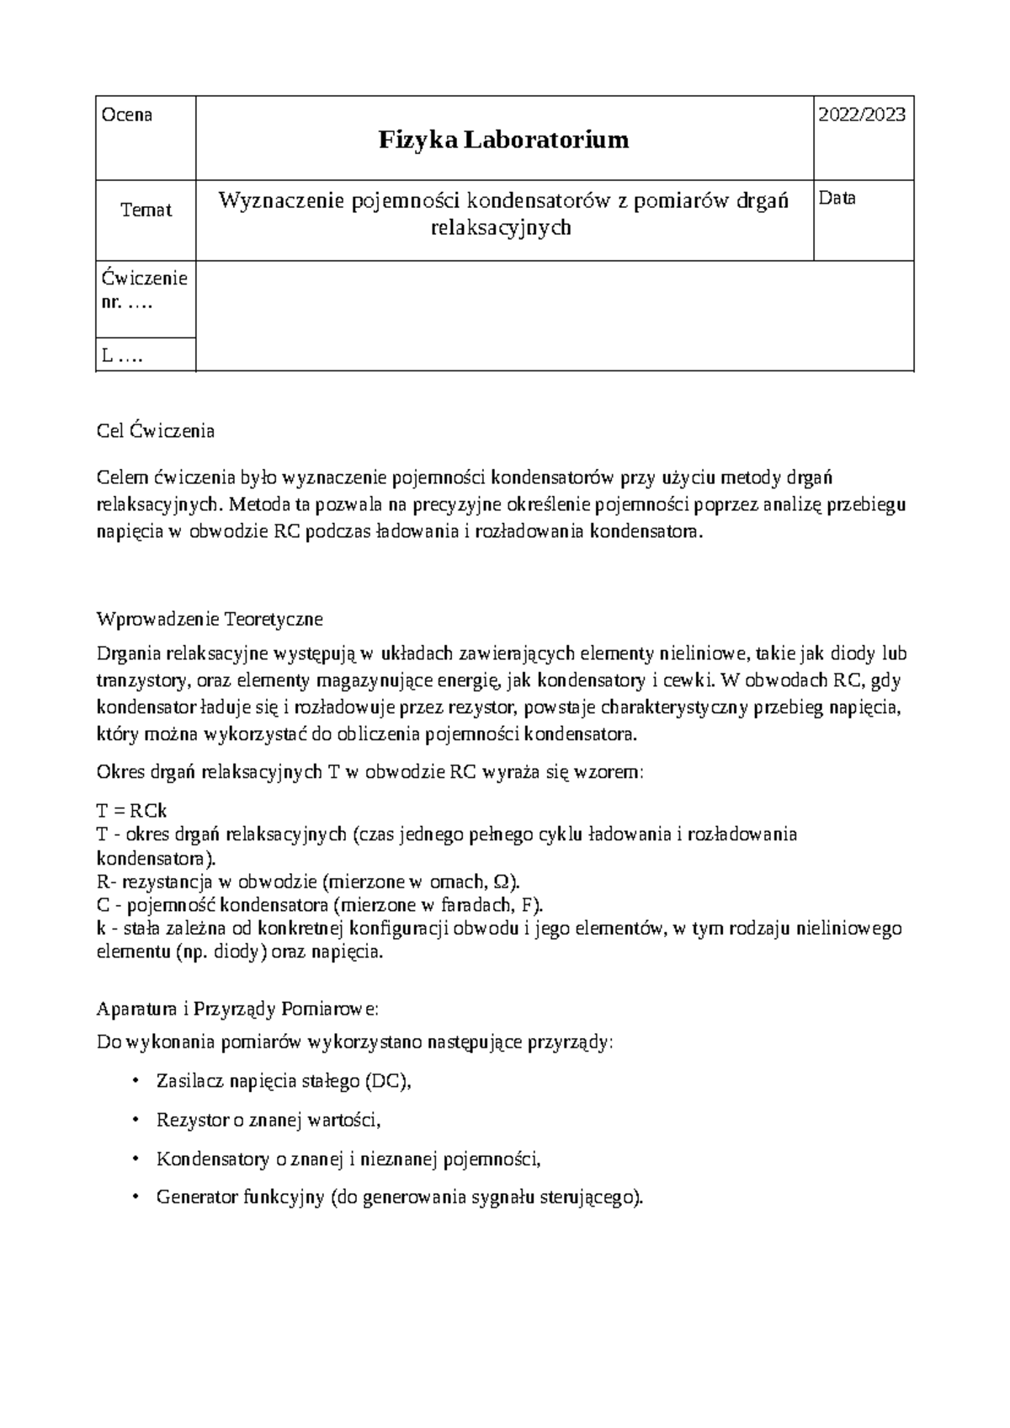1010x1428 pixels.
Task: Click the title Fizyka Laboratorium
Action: pyautogui.click(x=503, y=140)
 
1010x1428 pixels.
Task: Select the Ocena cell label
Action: pyautogui.click(x=126, y=115)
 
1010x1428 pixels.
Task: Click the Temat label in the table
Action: pyautogui.click(x=146, y=210)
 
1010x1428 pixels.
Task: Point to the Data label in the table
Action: pyautogui.click(x=837, y=199)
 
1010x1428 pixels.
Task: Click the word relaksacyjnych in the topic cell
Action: pyautogui.click(x=501, y=227)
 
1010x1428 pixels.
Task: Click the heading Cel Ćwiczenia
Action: pyautogui.click(x=156, y=431)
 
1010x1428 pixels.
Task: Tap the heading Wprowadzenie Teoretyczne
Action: pyautogui.click(x=210, y=619)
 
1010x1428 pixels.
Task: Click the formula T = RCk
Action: pyautogui.click(x=132, y=811)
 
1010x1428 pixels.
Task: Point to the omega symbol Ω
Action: pyautogui.click(x=503, y=882)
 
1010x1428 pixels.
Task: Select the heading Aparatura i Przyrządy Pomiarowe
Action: pyautogui.click(x=238, y=1008)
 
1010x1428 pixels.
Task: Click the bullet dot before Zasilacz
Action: pyautogui.click(x=136, y=1081)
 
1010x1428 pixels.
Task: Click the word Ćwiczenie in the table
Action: pyautogui.click(x=145, y=278)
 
